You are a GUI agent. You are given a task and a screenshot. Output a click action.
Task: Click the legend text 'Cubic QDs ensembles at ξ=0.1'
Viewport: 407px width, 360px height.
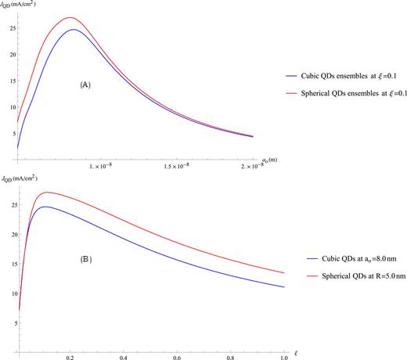point(351,76)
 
